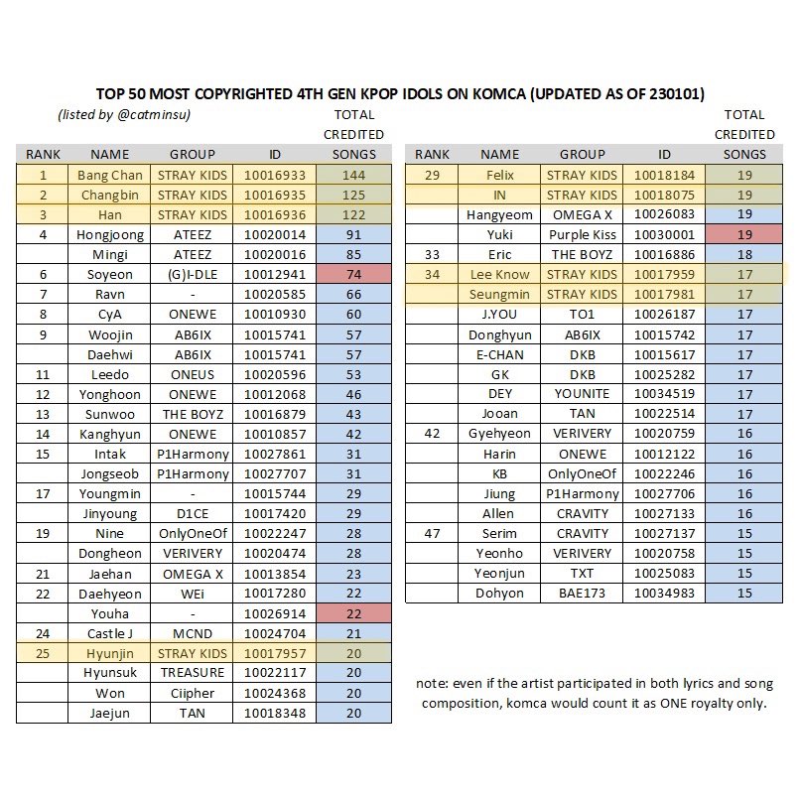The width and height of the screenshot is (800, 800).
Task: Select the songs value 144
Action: [x=353, y=175]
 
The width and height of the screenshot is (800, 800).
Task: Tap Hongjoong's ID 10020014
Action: [x=275, y=235]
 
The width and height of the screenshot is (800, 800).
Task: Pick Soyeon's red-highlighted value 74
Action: [x=353, y=295]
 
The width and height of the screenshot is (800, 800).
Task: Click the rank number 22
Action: [x=43, y=594]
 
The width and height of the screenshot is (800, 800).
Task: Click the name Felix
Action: [x=500, y=175]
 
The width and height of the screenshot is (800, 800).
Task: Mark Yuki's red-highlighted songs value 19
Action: [x=744, y=235]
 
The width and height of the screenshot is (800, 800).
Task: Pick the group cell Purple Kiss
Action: [x=582, y=235]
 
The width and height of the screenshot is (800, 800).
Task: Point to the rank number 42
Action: [x=432, y=434]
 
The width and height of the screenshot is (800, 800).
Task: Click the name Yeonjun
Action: [x=500, y=573]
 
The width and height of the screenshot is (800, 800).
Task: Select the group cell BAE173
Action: [x=582, y=594]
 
